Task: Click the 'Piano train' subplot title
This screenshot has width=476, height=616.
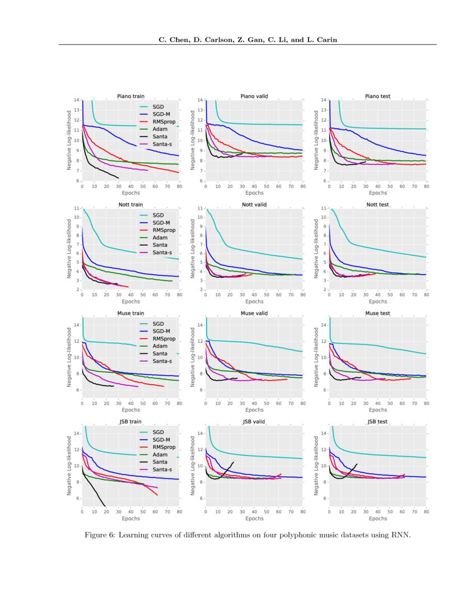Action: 130,96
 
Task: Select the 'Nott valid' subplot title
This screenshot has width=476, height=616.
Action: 254,205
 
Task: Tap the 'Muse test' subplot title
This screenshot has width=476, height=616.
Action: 377,313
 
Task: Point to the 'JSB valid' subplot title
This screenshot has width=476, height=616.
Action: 254,421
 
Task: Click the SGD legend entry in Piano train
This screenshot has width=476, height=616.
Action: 158,106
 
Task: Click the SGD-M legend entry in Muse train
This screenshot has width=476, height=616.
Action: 162,332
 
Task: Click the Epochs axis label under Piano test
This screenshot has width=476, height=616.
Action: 377,193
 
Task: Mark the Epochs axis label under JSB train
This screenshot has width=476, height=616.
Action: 130,518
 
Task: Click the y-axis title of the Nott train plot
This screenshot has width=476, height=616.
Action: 69,249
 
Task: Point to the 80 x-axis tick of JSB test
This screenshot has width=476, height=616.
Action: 426,511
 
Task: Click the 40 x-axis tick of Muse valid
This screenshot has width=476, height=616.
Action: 254,403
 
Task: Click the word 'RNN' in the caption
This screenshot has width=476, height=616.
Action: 401,535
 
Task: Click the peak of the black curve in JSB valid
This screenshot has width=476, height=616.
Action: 233,462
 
